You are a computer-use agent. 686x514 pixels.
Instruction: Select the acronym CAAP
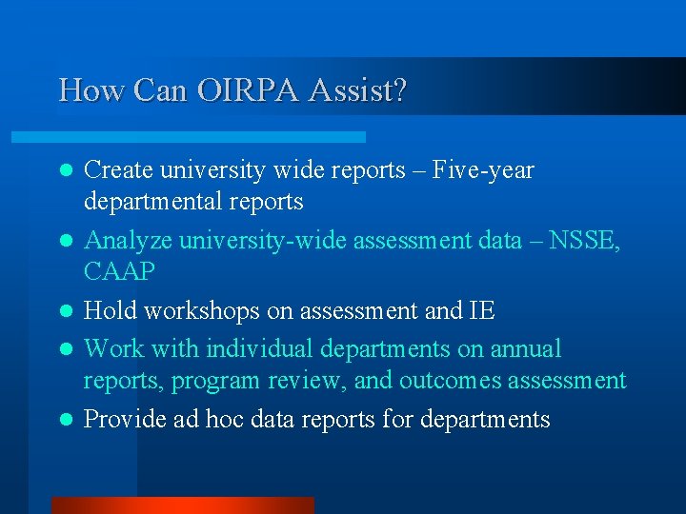click(x=119, y=272)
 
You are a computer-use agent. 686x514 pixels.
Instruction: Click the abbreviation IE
click(x=482, y=311)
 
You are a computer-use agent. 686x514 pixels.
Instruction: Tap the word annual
click(x=526, y=349)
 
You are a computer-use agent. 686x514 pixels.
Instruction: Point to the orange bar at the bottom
click(x=182, y=504)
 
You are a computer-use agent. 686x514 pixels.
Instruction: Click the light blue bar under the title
click(x=210, y=137)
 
